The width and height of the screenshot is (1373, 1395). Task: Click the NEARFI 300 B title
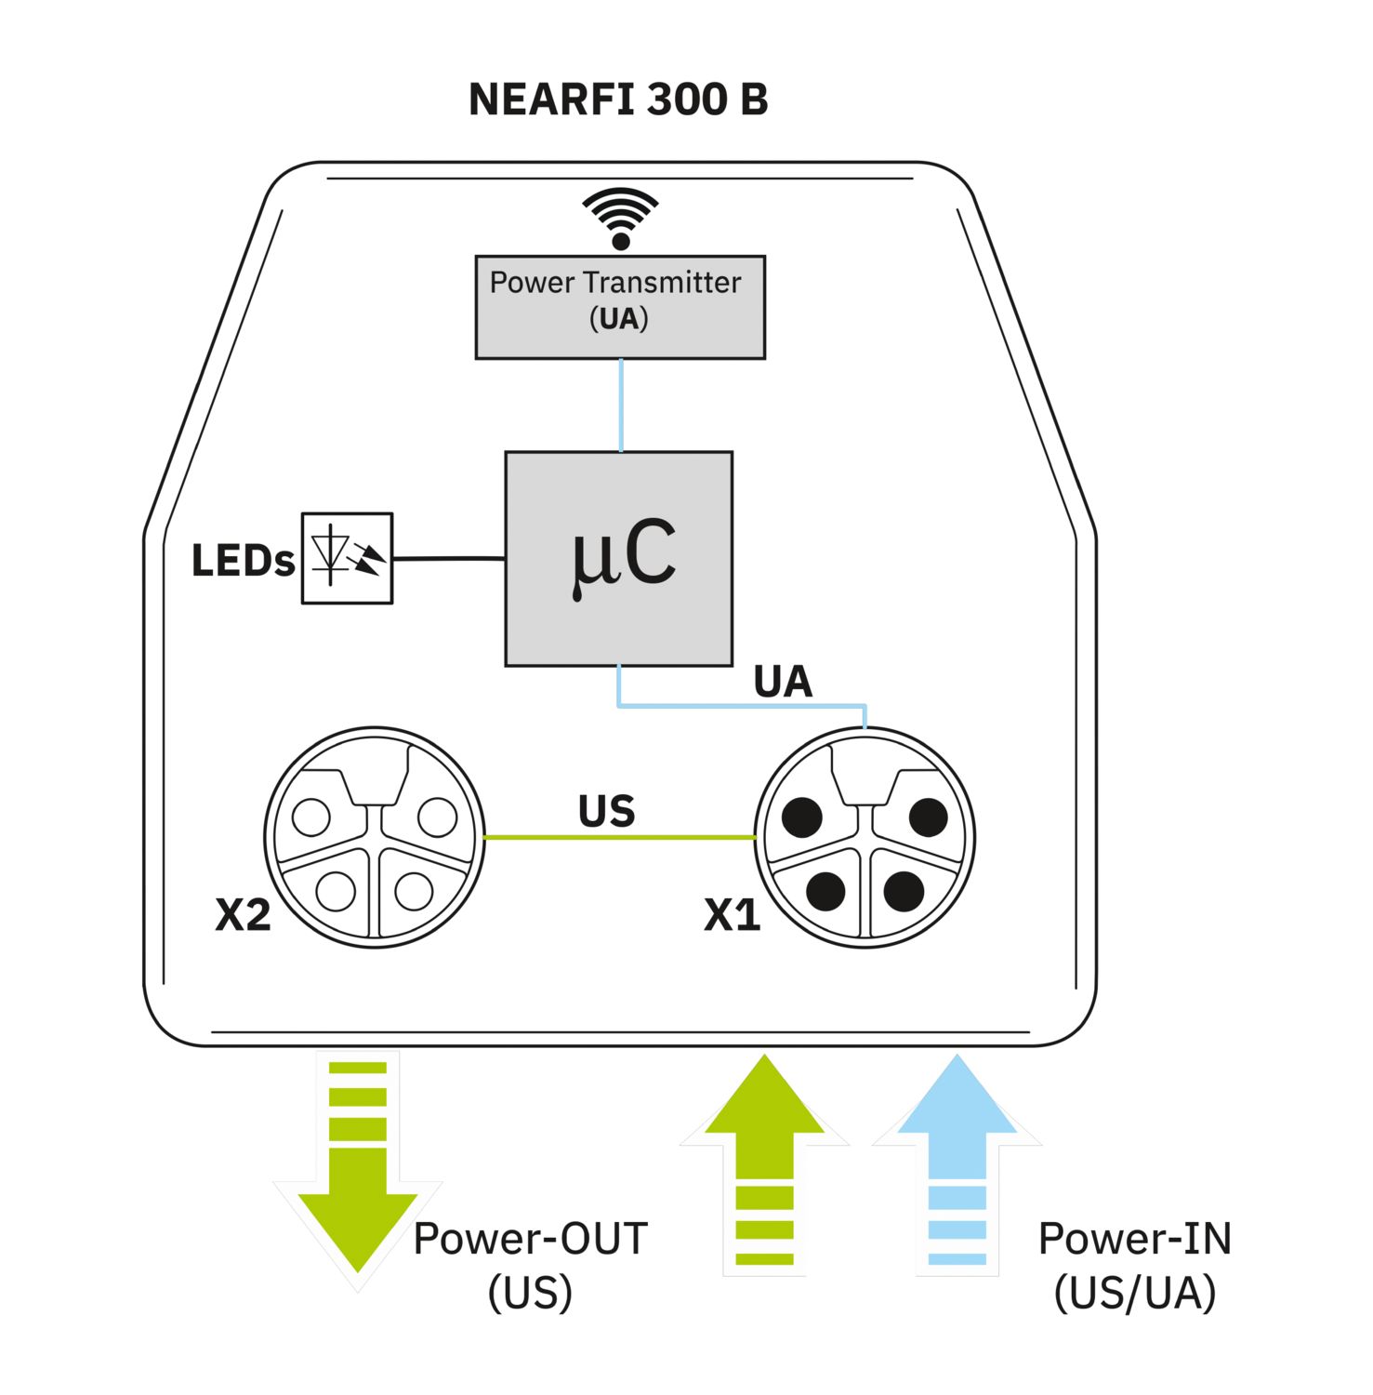click(618, 100)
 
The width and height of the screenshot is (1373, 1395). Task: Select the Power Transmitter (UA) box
click(620, 307)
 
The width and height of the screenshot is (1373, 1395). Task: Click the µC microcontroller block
click(619, 558)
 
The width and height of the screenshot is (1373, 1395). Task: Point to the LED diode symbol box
click(347, 558)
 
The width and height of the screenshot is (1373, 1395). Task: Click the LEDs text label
click(243, 561)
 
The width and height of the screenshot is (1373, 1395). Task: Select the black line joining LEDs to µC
click(449, 559)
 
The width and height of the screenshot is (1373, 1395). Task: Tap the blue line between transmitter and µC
click(621, 405)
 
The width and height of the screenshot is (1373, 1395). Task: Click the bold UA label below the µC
click(783, 682)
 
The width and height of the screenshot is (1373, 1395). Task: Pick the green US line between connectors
click(618, 837)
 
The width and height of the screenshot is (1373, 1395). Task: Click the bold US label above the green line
click(607, 811)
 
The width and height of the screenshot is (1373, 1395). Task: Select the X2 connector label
click(243, 915)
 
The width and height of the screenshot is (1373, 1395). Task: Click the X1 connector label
click(733, 915)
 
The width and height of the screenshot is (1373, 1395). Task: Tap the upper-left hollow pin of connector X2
click(310, 817)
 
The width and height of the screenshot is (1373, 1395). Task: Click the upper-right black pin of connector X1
click(927, 817)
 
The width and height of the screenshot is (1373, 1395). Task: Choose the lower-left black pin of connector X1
click(825, 891)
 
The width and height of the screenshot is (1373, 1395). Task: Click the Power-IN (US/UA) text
click(1135, 1266)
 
